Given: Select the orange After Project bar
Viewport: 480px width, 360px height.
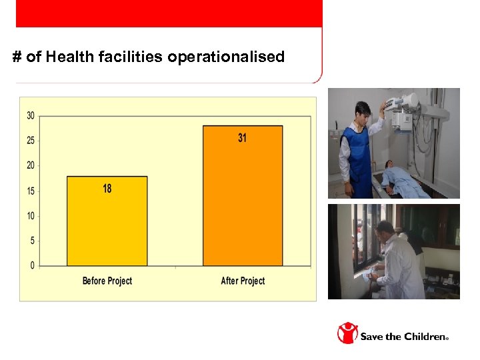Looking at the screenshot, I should click(x=242, y=200).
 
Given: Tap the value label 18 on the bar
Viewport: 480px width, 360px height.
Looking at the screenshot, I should click(x=107, y=189).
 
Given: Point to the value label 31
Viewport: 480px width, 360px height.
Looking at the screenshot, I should click(x=242, y=138).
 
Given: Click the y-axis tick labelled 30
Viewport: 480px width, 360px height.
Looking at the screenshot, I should click(x=31, y=115).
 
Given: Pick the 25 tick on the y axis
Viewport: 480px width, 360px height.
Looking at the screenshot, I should click(x=31, y=141).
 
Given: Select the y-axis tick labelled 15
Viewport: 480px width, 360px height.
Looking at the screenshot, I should click(x=31, y=191).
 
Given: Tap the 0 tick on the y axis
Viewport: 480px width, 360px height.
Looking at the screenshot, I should click(x=33, y=266).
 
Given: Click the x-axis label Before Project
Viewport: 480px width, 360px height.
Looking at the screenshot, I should click(x=107, y=281).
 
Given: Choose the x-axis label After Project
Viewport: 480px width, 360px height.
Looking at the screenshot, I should click(x=243, y=281).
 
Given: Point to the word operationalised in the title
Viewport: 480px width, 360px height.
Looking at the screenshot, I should click(x=226, y=57).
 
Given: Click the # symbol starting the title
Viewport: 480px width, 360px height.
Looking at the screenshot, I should click(x=17, y=57).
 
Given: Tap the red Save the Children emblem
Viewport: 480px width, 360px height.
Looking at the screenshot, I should click(x=347, y=333).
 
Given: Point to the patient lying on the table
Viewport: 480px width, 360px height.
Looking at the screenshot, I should click(x=403, y=179).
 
